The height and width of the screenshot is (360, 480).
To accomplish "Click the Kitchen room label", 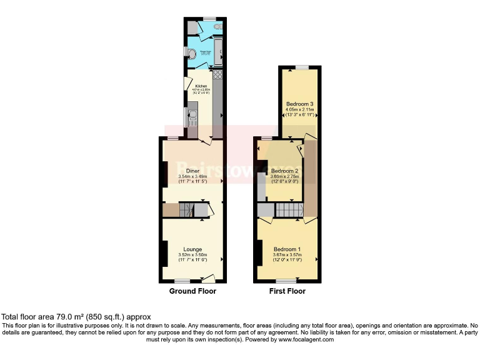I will coord(201,86).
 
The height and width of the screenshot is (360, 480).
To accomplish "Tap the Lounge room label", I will coord(192,249).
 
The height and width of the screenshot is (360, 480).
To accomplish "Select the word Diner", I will coord(192,170).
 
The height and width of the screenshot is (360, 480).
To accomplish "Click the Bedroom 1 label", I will coord(287,249).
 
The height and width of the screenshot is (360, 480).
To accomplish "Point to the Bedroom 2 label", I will coord(284,171).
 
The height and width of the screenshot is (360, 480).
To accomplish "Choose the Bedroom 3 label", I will coord(299,104).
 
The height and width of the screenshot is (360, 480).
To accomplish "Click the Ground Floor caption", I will coord(192,291).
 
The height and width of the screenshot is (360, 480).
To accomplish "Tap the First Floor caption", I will coord(287,291).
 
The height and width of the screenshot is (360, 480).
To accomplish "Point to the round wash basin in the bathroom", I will coord(194,54).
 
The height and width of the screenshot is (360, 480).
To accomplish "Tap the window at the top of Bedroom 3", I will coord(302,67).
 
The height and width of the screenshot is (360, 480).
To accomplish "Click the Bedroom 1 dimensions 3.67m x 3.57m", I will coord(287,255).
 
